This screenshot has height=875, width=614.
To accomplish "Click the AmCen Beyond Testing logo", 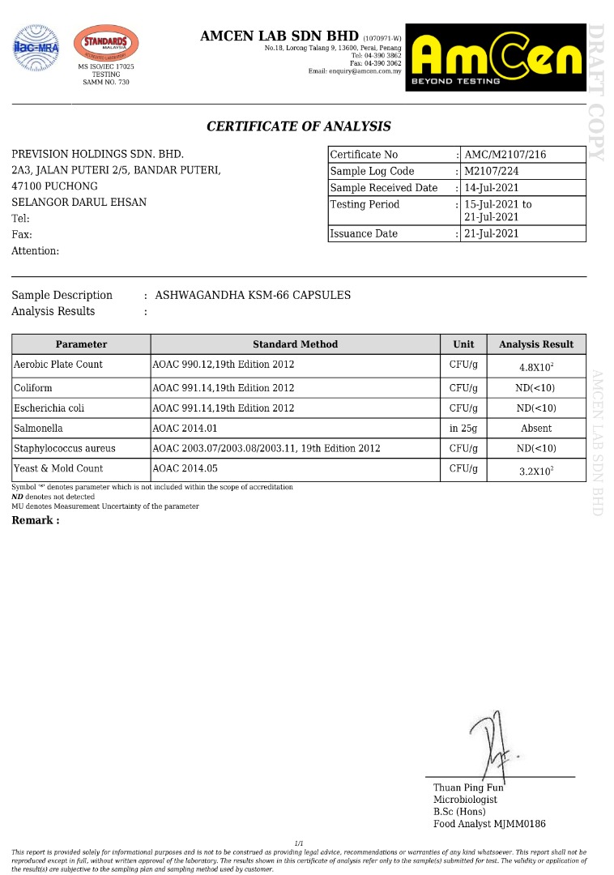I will (x=497, y=57).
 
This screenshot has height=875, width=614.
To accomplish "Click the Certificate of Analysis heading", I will (x=299, y=126).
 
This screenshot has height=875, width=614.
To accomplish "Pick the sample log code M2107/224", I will (x=491, y=171).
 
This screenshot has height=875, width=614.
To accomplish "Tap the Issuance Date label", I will (x=364, y=233).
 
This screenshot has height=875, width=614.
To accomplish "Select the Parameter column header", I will (x=81, y=344).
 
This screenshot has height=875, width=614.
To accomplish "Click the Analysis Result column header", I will (x=535, y=344).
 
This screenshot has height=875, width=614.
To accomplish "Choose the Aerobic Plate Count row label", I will (x=58, y=365).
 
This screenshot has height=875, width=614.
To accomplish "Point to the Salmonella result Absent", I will (x=535, y=429).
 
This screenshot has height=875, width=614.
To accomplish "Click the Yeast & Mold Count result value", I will (x=535, y=469).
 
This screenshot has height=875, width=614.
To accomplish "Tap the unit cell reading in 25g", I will (x=463, y=429).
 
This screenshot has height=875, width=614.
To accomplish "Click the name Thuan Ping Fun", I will (x=468, y=787).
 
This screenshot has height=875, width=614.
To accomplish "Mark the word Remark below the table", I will (x=35, y=520).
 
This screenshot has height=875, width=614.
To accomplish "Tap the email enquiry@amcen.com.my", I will (x=355, y=71).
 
